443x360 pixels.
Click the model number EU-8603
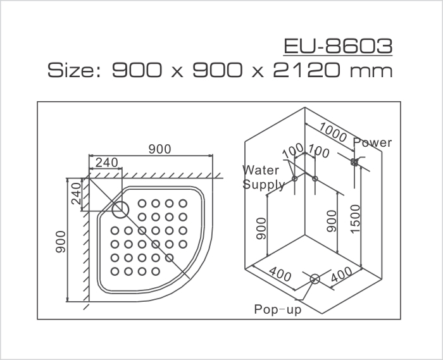[x=339, y=47]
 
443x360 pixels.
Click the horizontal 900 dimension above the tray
[x=159, y=149]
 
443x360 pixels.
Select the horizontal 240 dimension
[x=106, y=163]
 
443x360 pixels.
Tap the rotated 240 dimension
[x=75, y=193]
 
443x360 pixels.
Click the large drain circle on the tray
[x=119, y=209]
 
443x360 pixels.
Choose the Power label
[x=373, y=143]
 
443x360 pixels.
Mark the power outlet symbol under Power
[x=355, y=161]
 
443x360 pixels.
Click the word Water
[x=262, y=170]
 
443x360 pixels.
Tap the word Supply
[x=264, y=185]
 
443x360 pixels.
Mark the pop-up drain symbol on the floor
[x=315, y=278]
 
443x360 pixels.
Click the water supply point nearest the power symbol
[x=315, y=179]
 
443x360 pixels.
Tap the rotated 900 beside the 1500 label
[x=330, y=224]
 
